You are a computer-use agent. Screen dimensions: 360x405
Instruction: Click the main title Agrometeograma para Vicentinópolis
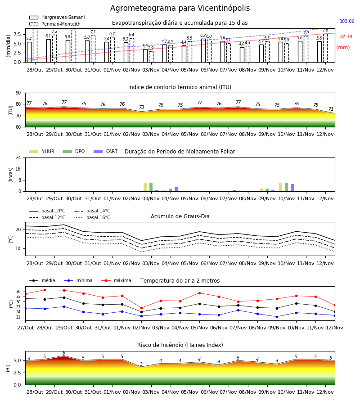180,8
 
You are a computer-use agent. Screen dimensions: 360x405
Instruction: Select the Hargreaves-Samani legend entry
57,17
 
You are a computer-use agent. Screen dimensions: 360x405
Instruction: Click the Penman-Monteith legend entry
55,24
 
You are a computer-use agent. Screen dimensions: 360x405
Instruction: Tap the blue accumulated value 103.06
347,21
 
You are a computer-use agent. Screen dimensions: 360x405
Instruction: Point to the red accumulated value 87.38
346,37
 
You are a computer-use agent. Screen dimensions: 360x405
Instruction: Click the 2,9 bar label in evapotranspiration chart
151,48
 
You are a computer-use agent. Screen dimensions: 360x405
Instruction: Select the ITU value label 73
141,107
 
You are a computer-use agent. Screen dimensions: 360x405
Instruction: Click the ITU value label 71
331,109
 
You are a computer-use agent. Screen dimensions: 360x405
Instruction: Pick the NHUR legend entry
42,151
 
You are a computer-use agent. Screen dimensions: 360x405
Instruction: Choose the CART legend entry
106,151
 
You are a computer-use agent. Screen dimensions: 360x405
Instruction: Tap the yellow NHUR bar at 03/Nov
145,187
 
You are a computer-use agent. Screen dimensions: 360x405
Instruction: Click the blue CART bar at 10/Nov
292,188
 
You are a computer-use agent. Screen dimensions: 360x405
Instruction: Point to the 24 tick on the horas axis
18,157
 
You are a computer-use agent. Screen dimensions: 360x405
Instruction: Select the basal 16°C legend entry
92,217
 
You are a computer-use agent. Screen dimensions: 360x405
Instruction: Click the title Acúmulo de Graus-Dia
180,216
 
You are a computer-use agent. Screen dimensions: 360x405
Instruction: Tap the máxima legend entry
117,280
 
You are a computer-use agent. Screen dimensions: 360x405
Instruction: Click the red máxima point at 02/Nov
141,308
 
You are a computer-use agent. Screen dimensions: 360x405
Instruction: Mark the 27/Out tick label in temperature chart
26,328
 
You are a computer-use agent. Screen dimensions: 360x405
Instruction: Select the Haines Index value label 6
64,353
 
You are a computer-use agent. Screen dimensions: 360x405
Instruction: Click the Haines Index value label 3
141,364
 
